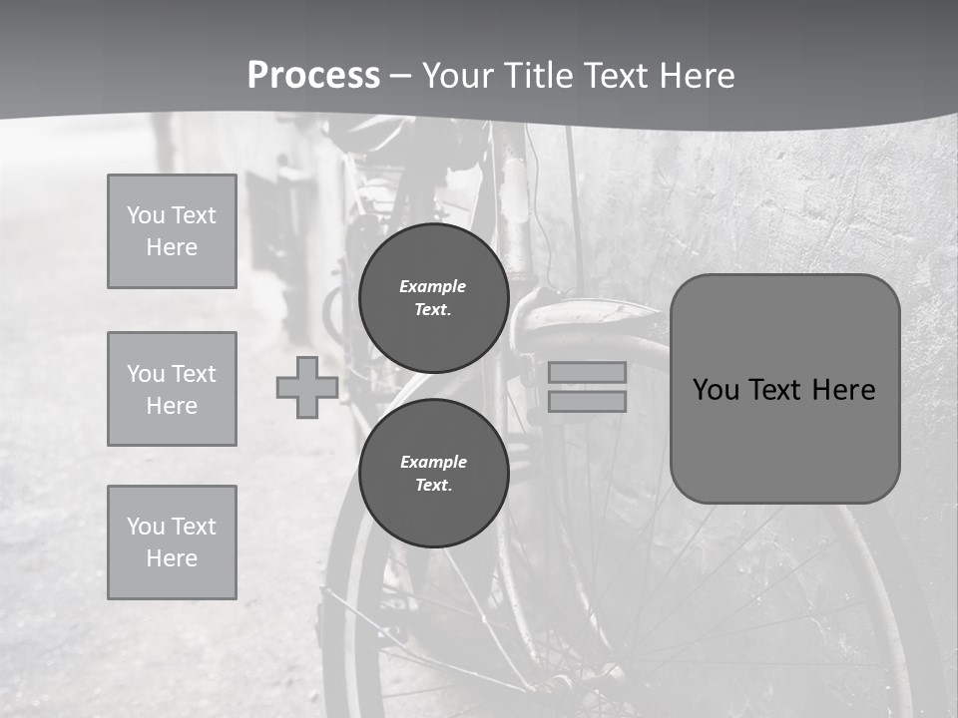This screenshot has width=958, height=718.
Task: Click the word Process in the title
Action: coord(313,76)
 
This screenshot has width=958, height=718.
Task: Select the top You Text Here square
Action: coord(172,231)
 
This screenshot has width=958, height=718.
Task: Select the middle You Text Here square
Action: coord(172,389)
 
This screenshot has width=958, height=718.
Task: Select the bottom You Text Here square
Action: coord(172,542)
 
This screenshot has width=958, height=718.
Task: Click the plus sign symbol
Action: coord(306,387)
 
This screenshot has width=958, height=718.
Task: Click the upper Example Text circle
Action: coord(433,297)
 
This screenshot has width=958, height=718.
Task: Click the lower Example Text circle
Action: coord(433,473)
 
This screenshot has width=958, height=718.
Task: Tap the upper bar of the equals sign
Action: coord(587,372)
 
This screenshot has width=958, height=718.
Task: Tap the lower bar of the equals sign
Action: coord(587,401)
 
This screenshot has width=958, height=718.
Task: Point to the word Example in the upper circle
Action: coord(433,286)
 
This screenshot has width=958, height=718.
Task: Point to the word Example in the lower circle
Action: coord(433,462)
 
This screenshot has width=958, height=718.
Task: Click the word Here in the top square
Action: coord(172,247)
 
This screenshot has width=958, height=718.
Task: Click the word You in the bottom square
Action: coord(145,527)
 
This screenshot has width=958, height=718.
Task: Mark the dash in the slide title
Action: coord(401,77)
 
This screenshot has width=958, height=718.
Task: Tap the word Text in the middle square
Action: coord(194,374)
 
